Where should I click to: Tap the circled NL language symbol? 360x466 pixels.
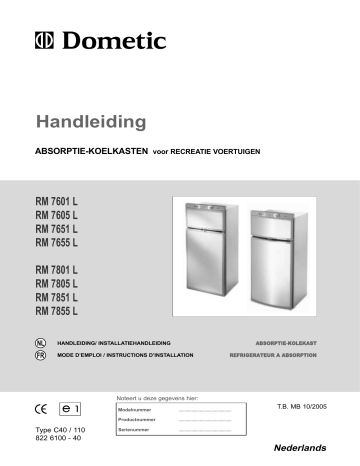pos(40,342)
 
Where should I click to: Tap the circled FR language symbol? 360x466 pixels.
pos(40,354)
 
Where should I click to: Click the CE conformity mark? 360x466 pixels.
pos(45,409)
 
